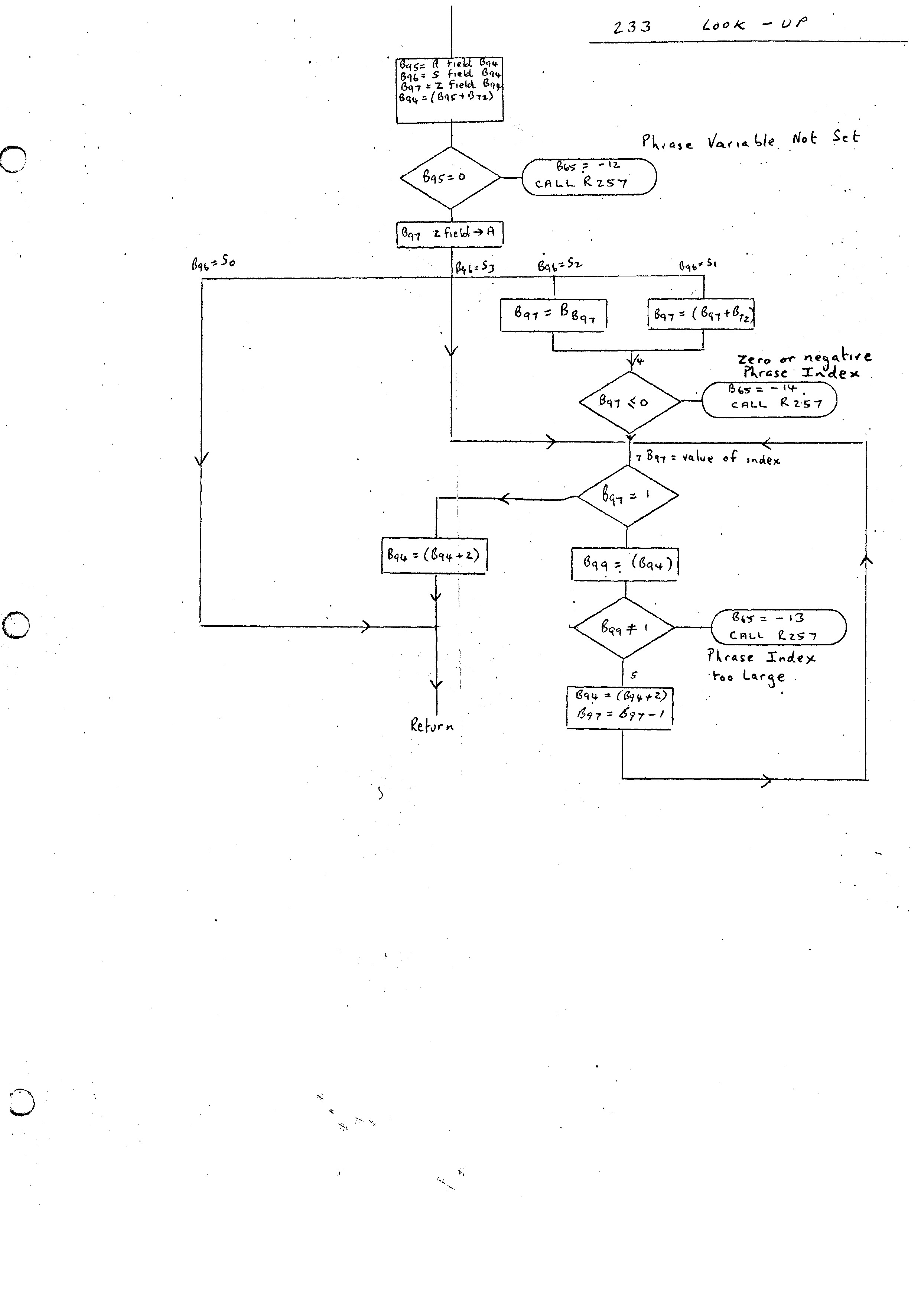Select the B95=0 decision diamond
coord(450,178)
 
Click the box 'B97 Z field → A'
coord(449,234)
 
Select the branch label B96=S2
coord(560,265)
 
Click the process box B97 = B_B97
coord(553,314)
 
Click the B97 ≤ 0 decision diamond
coord(629,402)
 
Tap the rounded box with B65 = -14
coord(769,399)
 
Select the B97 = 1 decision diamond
coord(627,495)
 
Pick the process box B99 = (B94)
coord(624,564)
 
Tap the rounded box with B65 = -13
coord(778,627)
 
